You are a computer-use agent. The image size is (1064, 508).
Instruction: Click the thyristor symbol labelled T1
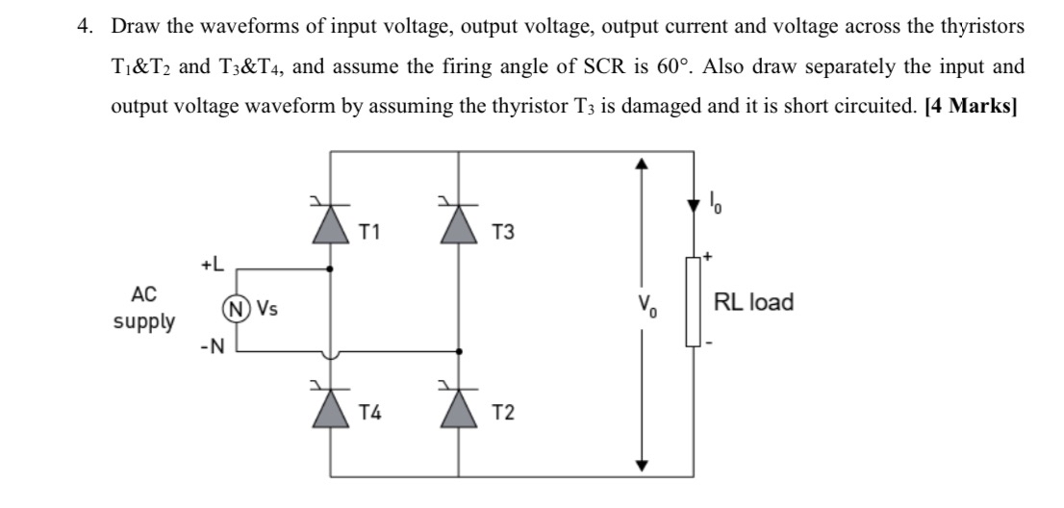point(332,223)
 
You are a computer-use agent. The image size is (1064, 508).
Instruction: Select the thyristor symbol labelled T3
point(458,223)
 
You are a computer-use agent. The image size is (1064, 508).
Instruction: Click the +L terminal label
point(213,263)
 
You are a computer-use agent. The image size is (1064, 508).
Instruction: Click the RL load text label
point(753,302)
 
